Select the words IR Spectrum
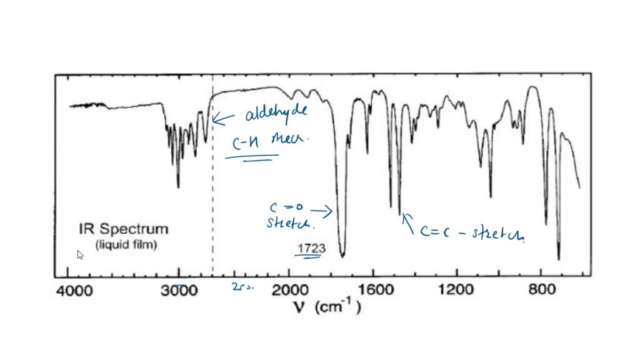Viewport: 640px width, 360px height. click(123, 229)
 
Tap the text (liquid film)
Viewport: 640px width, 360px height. click(126, 245)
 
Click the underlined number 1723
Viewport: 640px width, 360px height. click(311, 249)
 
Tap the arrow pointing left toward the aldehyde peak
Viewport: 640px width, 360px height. click(223, 118)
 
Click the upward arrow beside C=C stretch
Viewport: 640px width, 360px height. click(409, 222)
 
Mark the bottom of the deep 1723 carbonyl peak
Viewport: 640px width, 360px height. click(342, 255)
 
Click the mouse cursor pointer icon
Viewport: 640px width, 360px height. click(80, 254)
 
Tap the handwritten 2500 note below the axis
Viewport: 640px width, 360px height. click(240, 287)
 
